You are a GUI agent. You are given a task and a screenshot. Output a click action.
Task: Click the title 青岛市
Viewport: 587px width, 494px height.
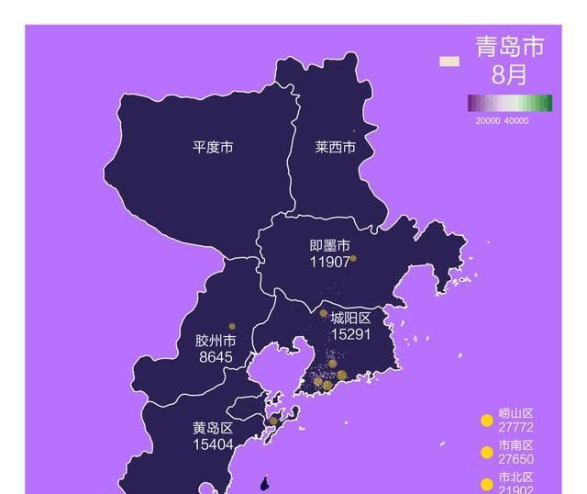(509, 47)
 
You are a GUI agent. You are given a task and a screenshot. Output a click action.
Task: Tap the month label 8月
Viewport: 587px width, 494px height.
(509, 73)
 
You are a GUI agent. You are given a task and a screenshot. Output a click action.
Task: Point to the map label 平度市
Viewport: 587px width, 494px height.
(212, 147)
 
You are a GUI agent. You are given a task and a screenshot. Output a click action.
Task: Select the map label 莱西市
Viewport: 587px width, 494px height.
(335, 147)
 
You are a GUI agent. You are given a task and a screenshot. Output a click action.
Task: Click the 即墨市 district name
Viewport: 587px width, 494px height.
(329, 246)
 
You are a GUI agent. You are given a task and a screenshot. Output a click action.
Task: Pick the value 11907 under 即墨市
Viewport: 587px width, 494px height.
(329, 262)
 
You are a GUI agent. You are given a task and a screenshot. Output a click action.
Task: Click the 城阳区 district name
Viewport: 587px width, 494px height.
(350, 319)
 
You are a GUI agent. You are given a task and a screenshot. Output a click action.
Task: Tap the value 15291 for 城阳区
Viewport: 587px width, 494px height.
(350, 334)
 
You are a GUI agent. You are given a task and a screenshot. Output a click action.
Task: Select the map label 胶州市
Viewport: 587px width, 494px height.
(216, 341)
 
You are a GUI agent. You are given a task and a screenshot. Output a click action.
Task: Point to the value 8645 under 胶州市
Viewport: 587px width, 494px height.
(216, 356)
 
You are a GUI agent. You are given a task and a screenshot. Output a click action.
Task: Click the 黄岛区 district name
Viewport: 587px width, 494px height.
(213, 428)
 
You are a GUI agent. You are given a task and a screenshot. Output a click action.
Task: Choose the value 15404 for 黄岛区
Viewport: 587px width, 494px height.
(213, 444)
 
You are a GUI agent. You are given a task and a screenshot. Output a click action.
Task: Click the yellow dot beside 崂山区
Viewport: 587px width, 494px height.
(487, 421)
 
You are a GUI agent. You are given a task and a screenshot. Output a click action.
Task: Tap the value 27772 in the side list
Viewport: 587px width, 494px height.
(516, 428)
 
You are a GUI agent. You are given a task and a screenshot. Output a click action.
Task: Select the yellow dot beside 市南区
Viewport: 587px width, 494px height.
(487, 452)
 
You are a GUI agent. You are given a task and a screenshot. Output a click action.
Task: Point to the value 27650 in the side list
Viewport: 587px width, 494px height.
(516, 459)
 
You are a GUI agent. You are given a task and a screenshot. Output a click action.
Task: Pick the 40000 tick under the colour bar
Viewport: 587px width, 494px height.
(516, 120)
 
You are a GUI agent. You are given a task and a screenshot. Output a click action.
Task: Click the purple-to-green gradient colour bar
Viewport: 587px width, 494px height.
(509, 103)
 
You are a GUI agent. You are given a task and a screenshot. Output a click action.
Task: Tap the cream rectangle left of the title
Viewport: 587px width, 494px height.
(449, 62)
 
